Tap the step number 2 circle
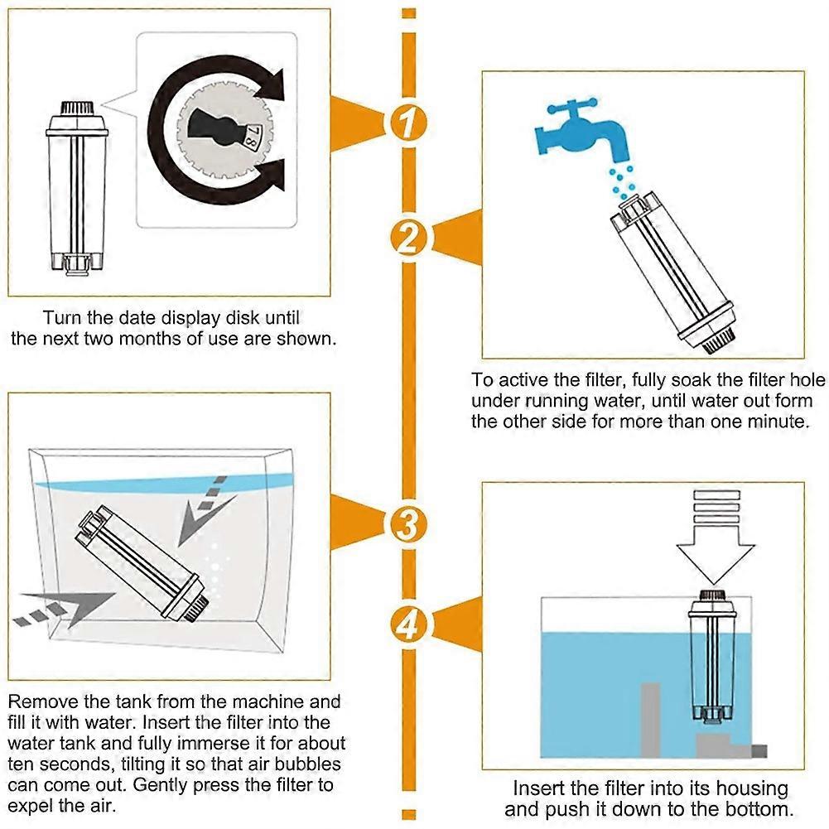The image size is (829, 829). [407, 238]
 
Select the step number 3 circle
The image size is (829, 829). [407, 523]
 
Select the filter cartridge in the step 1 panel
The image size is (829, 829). [77, 190]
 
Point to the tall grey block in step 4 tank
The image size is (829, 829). [651, 719]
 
